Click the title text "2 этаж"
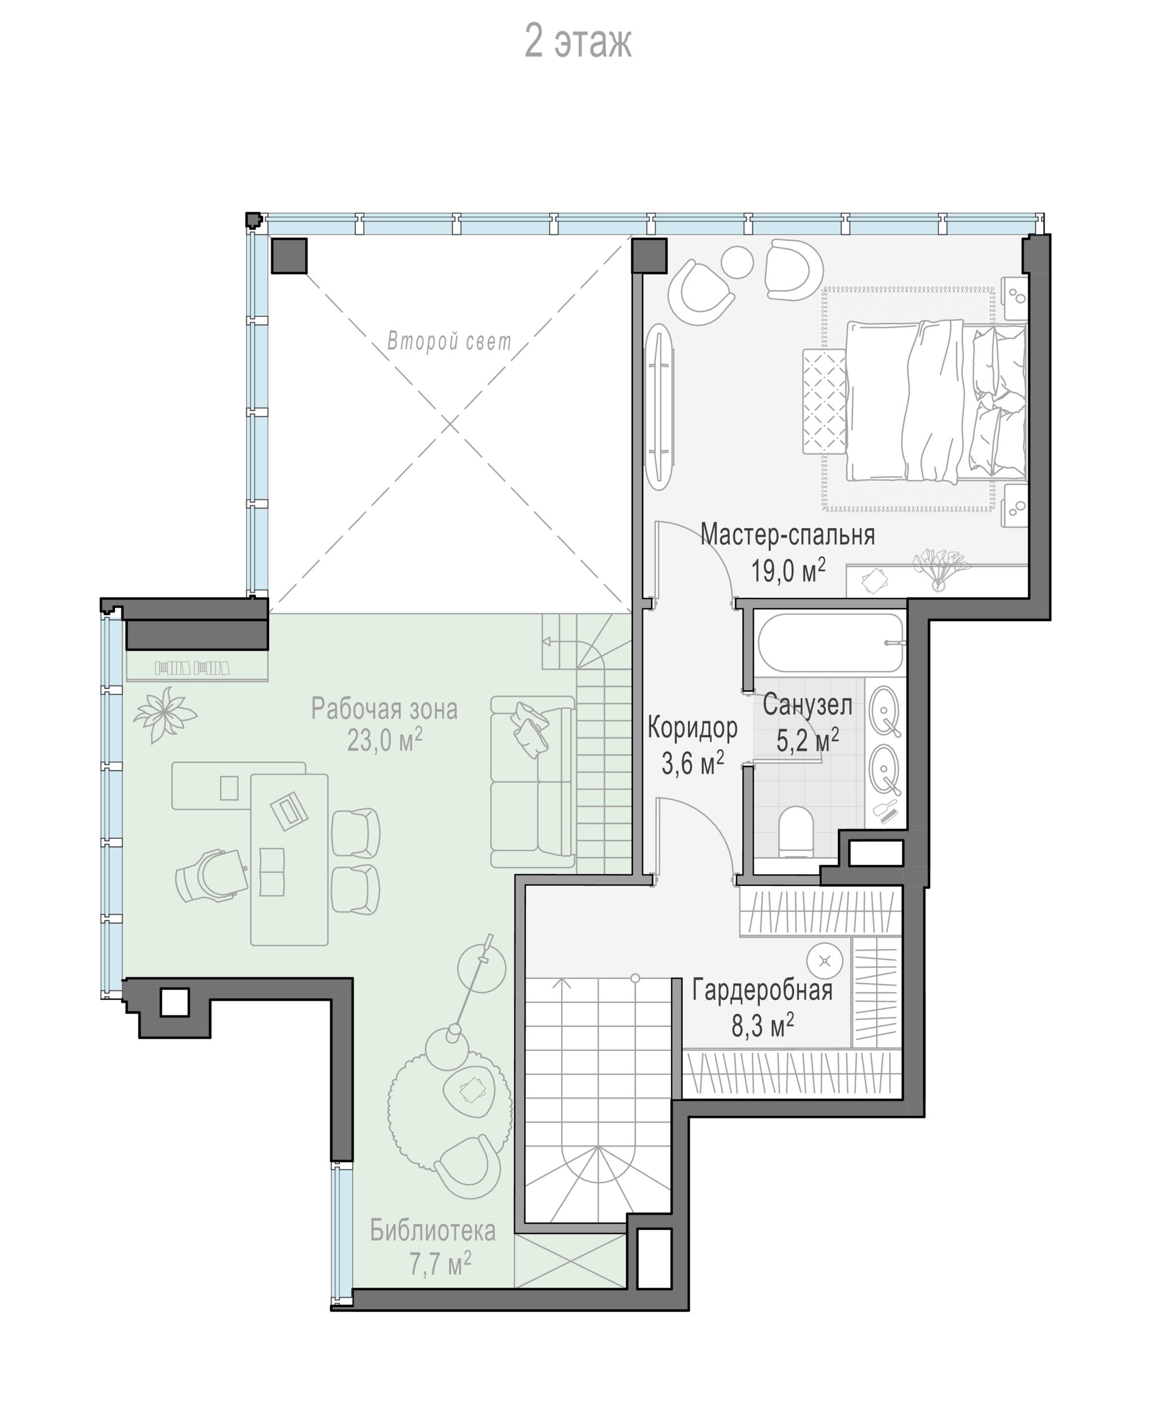tap(577, 41)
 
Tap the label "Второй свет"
tap(449, 342)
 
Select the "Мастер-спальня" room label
tap(788, 534)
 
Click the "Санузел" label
tap(807, 705)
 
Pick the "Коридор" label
tap(692, 728)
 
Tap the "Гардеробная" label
tap(763, 990)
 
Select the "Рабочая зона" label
tap(384, 709)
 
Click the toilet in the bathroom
tap(796, 833)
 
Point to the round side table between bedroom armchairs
tap(737, 262)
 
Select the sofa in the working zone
tap(533, 782)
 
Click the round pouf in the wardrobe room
tap(825, 961)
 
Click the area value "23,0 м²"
tap(385, 740)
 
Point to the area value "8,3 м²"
tap(763, 1026)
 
